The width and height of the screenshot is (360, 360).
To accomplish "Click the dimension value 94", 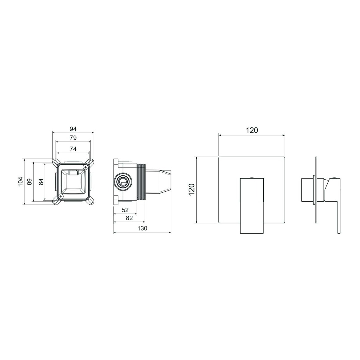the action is [73, 129].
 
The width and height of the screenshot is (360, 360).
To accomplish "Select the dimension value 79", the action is [73, 138].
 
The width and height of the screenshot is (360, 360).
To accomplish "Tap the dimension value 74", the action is [73, 149].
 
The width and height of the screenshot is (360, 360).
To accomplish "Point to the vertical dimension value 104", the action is [20, 181].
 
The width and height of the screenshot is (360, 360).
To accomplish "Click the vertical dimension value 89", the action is [30, 182].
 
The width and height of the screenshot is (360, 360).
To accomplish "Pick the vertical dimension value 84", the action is [41, 182].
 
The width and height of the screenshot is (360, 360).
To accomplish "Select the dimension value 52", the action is [125, 210].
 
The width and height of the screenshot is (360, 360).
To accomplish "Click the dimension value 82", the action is [130, 218].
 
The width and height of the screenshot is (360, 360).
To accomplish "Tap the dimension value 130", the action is [142, 228].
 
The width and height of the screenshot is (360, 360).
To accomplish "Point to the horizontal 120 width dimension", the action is [252, 130].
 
